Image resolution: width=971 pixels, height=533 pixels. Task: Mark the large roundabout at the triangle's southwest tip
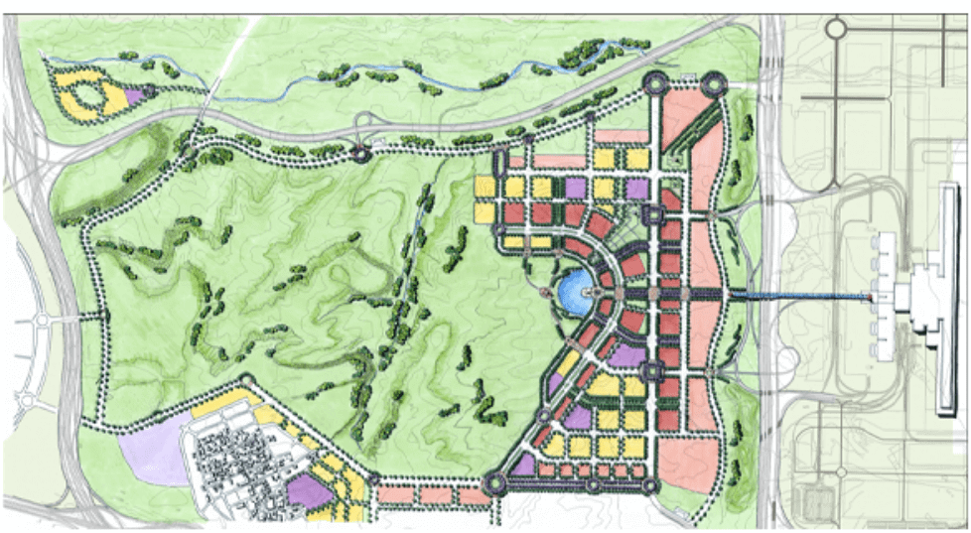pos(493,483)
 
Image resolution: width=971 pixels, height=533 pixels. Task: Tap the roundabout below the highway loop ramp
pos(360,154)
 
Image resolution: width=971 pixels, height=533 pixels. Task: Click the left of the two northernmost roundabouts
pos(657,85)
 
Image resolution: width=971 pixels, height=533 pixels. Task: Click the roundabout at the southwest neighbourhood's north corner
pos(244,383)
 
